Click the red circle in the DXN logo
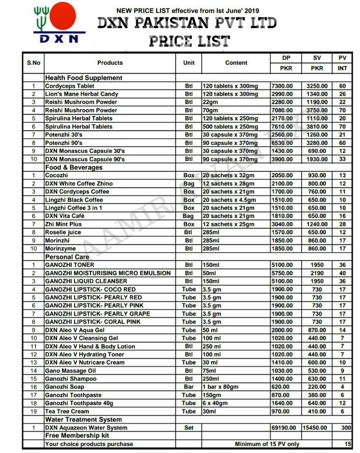62,18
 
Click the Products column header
110,63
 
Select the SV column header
317,58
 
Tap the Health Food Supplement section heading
83,78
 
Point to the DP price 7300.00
282,86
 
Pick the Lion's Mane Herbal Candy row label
81,94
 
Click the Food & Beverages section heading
73,167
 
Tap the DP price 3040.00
282,224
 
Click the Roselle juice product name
63,233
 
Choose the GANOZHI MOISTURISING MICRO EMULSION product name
108,273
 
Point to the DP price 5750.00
282,273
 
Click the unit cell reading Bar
189,387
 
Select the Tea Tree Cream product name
67,411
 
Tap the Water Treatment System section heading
83,419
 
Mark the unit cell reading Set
189,428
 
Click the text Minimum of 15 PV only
267,444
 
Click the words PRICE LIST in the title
190,42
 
